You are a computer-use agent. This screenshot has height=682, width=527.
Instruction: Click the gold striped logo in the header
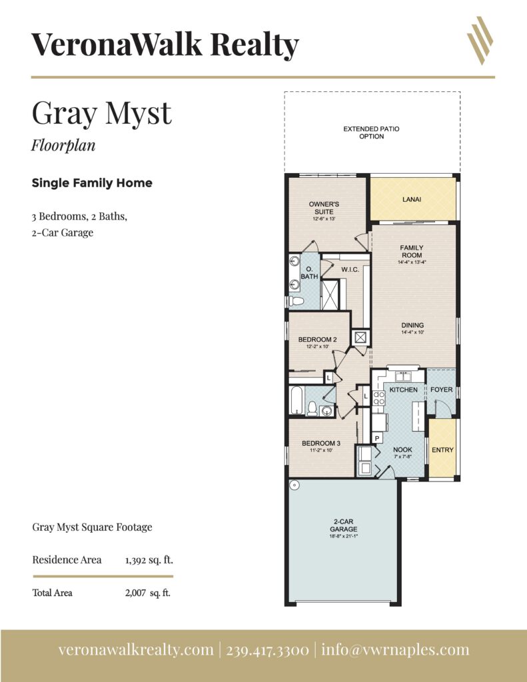(480, 41)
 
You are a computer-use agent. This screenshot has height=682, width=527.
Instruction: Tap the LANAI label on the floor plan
(412, 200)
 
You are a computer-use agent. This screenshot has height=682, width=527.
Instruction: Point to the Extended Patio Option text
(371, 133)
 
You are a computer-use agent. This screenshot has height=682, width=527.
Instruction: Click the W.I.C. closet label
(350, 270)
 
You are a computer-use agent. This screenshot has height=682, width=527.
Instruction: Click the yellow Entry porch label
(442, 450)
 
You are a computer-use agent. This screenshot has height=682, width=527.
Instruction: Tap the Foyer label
(441, 390)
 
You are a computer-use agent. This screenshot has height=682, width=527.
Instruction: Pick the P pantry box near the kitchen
(376, 438)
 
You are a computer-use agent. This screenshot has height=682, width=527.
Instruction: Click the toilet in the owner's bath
(296, 301)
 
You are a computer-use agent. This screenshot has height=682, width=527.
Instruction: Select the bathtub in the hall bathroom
(296, 400)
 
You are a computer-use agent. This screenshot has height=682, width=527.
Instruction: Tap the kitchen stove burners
(378, 398)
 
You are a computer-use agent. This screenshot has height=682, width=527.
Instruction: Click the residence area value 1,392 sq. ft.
(149, 560)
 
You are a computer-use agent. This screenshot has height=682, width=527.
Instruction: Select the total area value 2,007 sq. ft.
(147, 593)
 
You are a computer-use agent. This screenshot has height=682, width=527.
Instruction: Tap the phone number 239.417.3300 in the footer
(268, 650)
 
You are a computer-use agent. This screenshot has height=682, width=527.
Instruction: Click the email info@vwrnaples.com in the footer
(395, 650)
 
